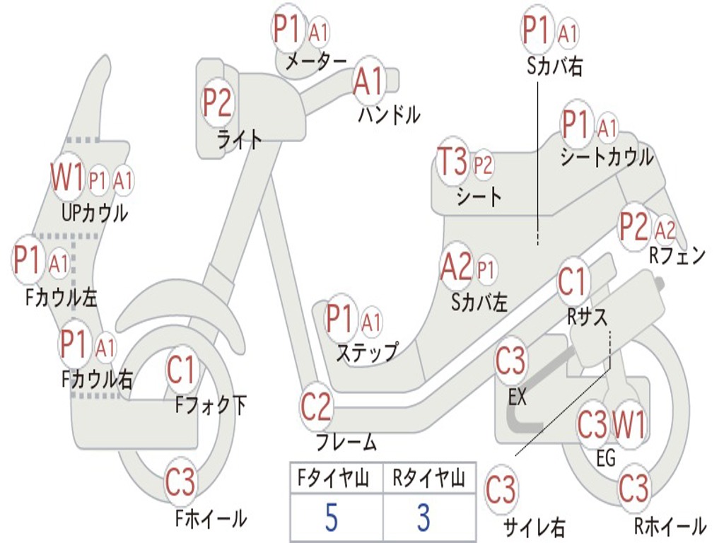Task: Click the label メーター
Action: (315, 62)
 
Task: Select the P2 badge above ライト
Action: (218, 103)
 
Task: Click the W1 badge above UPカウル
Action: (66, 177)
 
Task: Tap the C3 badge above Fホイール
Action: (180, 483)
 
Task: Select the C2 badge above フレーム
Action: (316, 407)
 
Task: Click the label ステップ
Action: (366, 352)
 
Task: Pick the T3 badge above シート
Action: (452, 162)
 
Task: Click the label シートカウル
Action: (607, 158)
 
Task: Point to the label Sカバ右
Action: (555, 66)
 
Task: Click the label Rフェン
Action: (677, 256)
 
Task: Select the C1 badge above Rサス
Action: (573, 282)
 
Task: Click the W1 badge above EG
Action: (629, 425)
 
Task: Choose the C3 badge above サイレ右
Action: (501, 489)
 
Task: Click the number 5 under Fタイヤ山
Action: (331, 518)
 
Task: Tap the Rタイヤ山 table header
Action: (428, 479)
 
